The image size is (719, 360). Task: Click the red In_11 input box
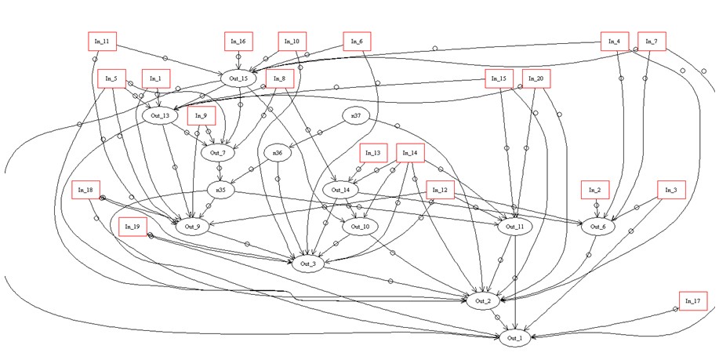[x=101, y=42]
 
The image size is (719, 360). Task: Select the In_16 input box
[x=239, y=42]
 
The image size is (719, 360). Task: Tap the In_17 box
[x=692, y=300]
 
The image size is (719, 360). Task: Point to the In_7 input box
[x=651, y=42]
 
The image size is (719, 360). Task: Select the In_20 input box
[x=536, y=78]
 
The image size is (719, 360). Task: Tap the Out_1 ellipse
[x=514, y=338]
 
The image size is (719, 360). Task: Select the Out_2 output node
[x=481, y=301]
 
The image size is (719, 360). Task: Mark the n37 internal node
[x=356, y=116]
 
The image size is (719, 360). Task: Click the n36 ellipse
[x=276, y=153]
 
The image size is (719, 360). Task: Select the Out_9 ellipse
[x=191, y=227]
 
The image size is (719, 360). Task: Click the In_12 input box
[x=439, y=190]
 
